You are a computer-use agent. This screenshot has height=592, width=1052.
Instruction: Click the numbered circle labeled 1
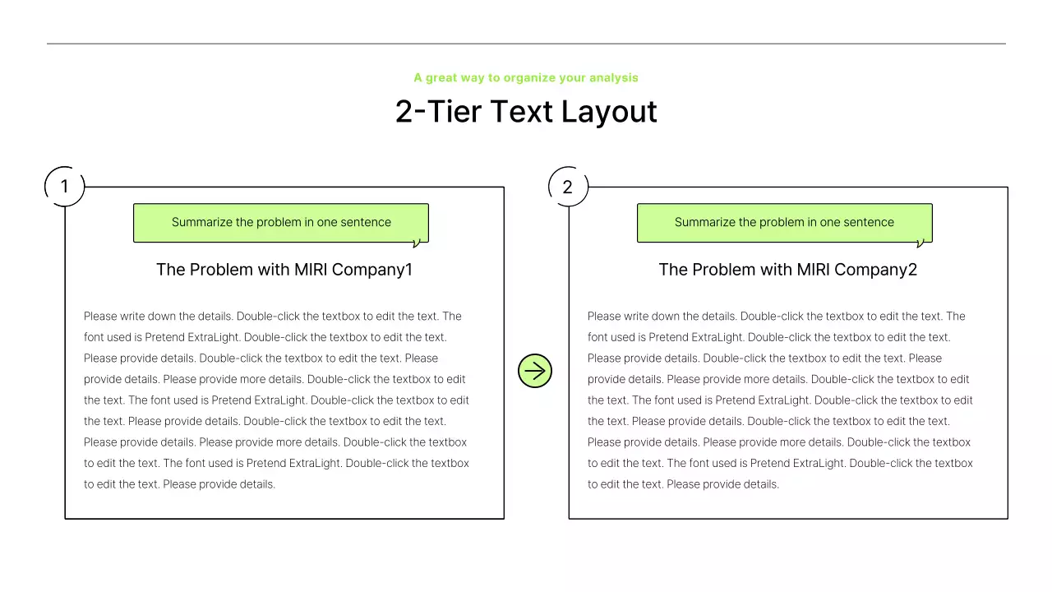[x=64, y=187]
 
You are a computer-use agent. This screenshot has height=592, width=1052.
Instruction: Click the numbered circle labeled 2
[x=568, y=187]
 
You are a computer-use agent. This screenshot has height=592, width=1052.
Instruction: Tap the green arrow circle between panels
[x=535, y=371]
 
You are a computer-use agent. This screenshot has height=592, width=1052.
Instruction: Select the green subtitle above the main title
[x=526, y=78]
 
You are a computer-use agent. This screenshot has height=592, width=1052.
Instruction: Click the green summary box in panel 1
[x=281, y=223]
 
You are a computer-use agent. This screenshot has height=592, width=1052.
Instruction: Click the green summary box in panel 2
[x=784, y=223]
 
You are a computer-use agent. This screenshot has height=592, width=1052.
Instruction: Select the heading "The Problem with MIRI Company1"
[x=284, y=270]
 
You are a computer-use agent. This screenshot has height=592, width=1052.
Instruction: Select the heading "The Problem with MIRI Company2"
[x=787, y=270]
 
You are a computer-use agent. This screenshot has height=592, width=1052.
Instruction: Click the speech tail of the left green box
[x=416, y=243]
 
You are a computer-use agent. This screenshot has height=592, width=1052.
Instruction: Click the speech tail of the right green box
[x=920, y=243]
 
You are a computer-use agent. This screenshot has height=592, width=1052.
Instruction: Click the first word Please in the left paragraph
[x=100, y=317]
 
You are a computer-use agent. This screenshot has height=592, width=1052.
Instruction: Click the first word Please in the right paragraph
[x=604, y=317]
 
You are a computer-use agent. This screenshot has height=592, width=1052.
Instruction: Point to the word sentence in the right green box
[x=869, y=223]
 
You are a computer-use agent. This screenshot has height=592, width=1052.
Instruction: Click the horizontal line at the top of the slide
[x=526, y=44]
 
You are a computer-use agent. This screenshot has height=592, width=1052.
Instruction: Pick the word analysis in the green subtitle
[x=612, y=78]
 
